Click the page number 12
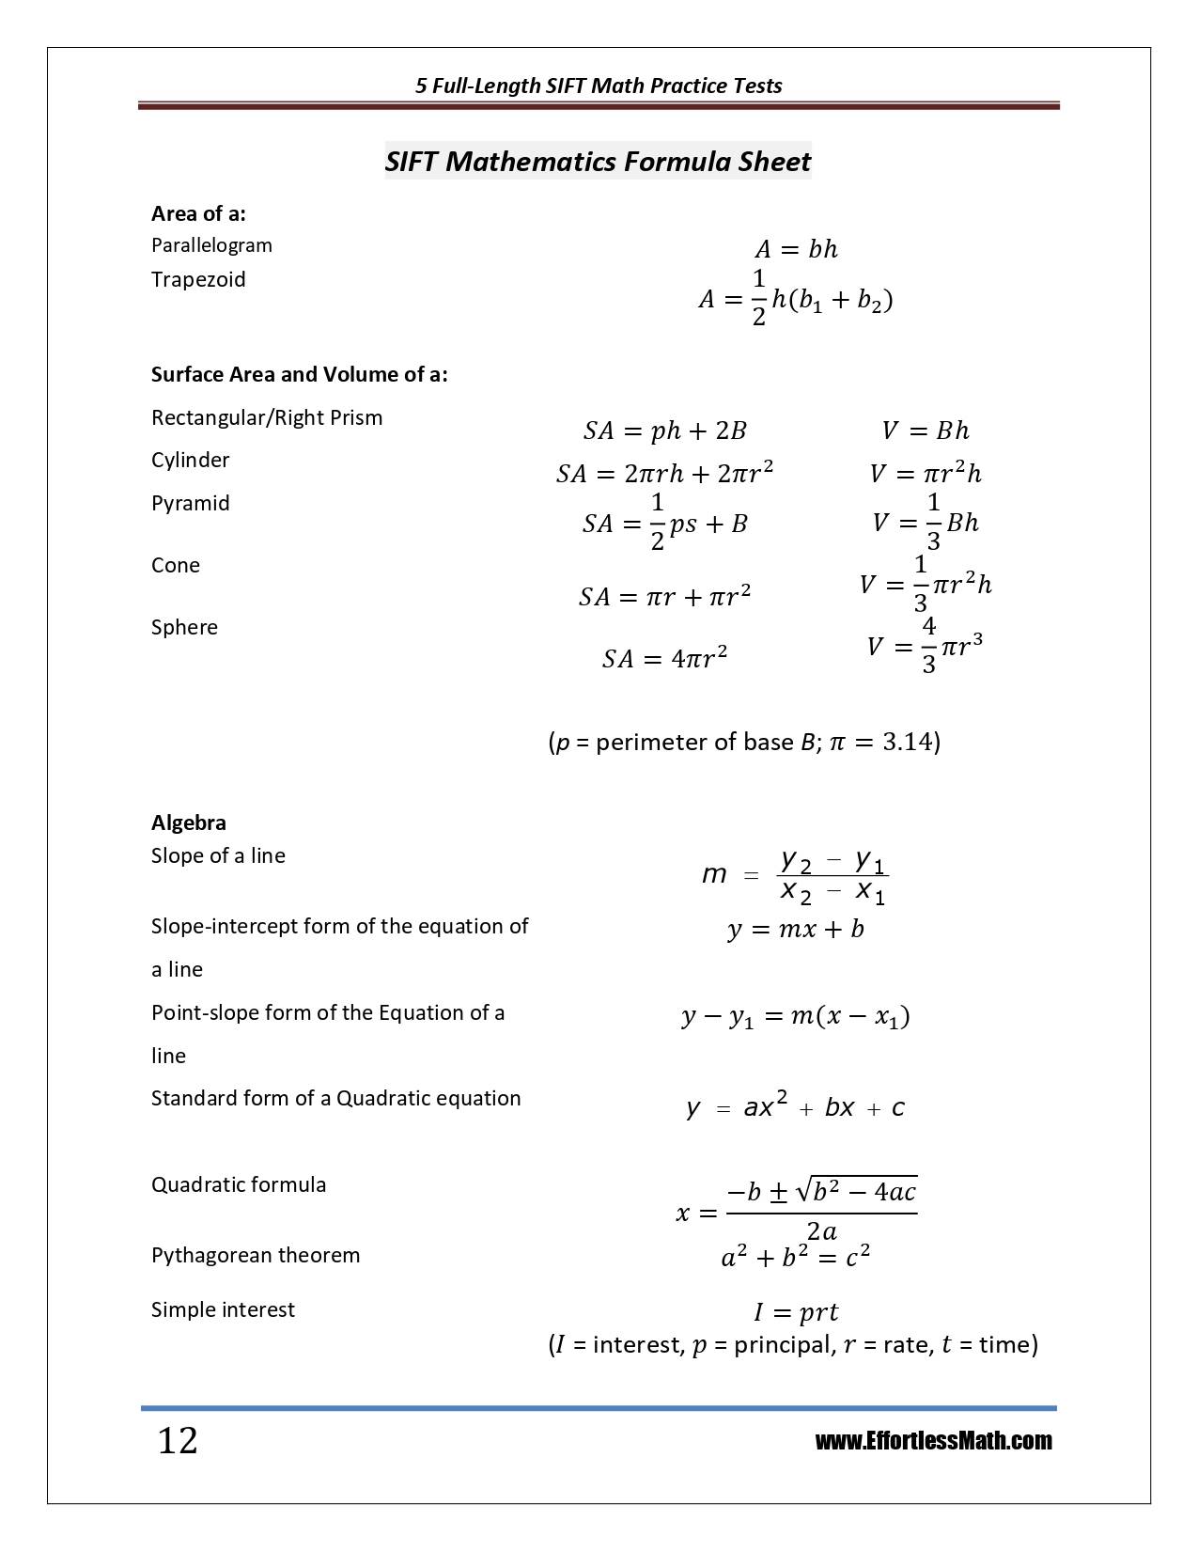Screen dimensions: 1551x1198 pos(178,1440)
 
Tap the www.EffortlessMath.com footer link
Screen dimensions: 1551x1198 pos(933,1441)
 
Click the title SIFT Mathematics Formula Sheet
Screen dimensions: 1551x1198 pos(598,162)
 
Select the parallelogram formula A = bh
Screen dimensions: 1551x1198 pos(796,249)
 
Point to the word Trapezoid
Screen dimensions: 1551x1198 pos(198,279)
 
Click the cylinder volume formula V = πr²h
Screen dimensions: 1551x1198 pos(926,474)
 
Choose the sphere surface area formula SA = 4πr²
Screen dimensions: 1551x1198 pos(665,658)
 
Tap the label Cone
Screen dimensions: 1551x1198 pos(176,565)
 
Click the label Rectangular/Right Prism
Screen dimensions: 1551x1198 pos(267,417)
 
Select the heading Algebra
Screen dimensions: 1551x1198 pos(189,822)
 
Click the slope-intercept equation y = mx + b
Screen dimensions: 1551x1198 pos(796,930)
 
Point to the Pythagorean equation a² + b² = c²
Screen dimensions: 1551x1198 pos(795,1257)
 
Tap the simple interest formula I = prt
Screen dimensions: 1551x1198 pos(796,1312)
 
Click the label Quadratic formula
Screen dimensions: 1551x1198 pos(239,1184)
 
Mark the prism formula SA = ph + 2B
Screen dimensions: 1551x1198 pos(664,431)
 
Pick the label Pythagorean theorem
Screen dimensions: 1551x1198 pos(256,1255)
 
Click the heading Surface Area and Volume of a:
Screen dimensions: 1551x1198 pos(300,374)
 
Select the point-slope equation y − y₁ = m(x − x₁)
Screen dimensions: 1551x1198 pos(796,1017)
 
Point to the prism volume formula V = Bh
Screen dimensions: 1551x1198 pos(926,431)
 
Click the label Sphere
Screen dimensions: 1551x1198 pos(184,627)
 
